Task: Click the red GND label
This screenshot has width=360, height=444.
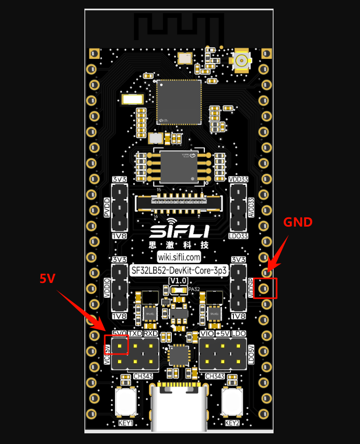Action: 297,222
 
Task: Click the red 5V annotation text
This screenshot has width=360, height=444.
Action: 47,278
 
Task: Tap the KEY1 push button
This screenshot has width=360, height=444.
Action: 126,401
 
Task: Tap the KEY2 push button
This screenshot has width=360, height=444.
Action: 232,401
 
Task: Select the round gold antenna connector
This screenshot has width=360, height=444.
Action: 242,60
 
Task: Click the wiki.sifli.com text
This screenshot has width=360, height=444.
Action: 179,257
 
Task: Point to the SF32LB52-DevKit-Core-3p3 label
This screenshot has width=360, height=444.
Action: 179,270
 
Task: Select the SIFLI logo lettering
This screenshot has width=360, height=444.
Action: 179,232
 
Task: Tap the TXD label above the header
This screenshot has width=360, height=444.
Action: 135,333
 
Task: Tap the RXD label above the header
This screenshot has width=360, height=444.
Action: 151,333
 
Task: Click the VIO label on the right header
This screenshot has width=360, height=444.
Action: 207,333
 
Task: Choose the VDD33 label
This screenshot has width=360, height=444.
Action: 238,179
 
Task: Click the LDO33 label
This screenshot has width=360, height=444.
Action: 238,236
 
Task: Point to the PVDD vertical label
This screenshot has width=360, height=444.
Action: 107,208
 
